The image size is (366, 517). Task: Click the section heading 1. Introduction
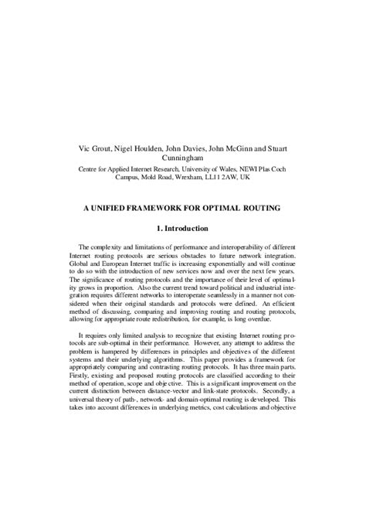coord(182,229)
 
